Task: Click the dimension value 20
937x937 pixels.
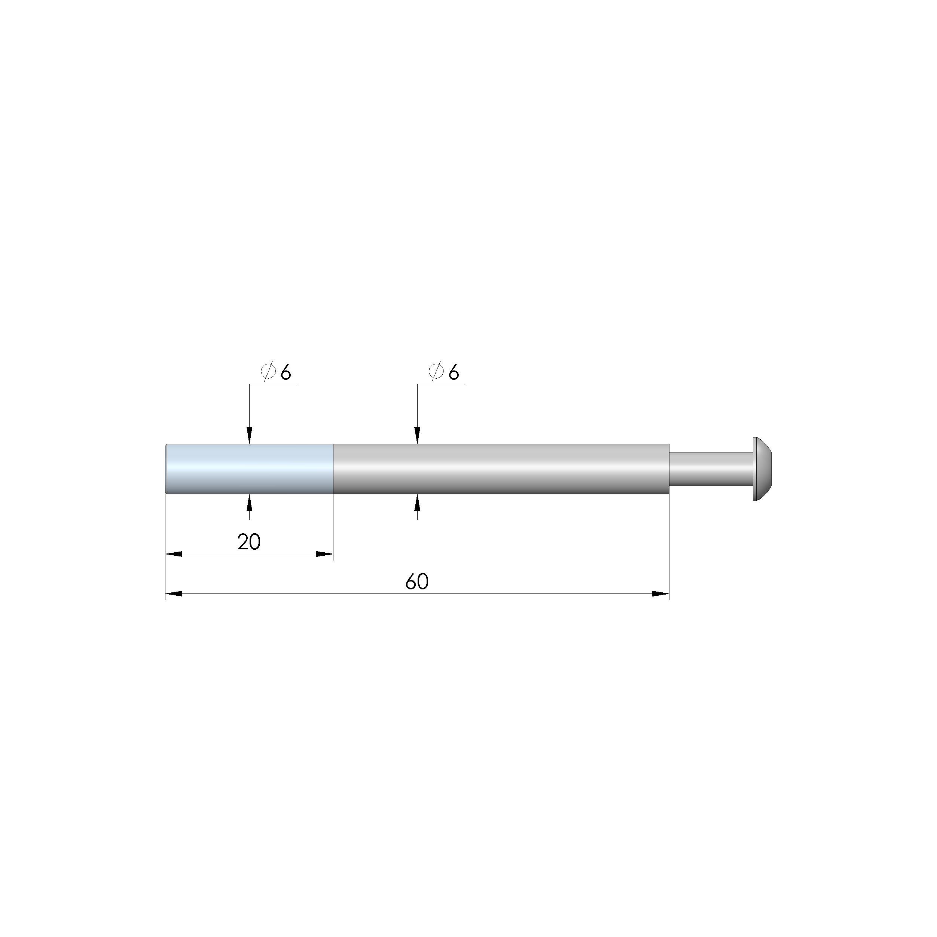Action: (x=249, y=542)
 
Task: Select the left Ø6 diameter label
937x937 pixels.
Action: (x=275, y=372)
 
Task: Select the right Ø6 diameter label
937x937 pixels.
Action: (x=443, y=372)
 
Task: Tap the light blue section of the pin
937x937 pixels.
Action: (x=249, y=469)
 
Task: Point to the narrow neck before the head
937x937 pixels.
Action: (x=711, y=468)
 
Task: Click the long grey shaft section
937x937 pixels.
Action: (x=501, y=469)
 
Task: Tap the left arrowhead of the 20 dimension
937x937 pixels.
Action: (x=174, y=554)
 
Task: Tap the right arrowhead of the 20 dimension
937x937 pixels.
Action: (x=325, y=554)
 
